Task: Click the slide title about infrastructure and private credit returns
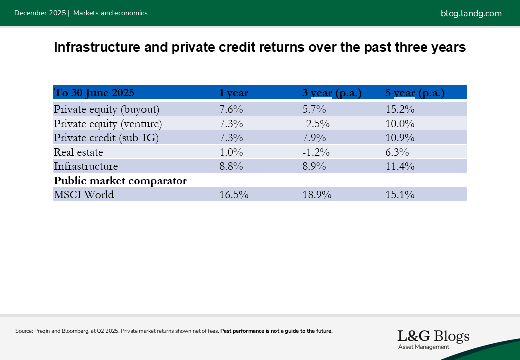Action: tap(259, 48)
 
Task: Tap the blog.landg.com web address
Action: tap(471, 13)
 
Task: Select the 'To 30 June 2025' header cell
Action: tap(94, 93)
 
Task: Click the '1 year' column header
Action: tap(234, 93)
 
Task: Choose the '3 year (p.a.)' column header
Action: tap(332, 93)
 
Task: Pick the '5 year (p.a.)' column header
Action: tap(415, 93)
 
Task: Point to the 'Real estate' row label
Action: tap(78, 152)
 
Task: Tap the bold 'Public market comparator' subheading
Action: tap(120, 180)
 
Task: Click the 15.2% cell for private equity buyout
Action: tap(400, 109)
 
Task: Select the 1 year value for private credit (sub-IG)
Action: tap(231, 137)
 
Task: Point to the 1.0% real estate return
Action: tap(231, 152)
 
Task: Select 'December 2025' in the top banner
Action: tap(40, 13)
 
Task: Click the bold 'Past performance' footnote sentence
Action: tap(276, 331)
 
